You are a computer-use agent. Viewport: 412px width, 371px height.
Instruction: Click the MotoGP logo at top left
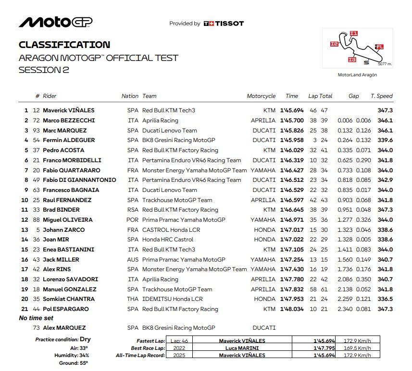tap(55, 23)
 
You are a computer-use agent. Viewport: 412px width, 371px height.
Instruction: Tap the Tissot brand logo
tap(224, 23)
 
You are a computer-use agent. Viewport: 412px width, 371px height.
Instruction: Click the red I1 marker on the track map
tap(354, 34)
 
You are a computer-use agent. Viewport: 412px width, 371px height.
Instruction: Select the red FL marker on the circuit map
tap(379, 47)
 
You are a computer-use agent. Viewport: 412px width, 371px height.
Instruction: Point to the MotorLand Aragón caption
tap(357, 75)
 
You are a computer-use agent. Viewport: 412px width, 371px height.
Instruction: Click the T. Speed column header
tap(382, 96)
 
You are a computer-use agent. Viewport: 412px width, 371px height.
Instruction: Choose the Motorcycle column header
tap(261, 96)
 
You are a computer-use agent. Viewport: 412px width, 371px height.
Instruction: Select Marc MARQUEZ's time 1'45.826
tap(292, 131)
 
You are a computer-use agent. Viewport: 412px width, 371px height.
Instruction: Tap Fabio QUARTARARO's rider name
tap(71, 170)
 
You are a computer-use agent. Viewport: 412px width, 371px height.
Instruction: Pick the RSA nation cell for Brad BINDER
tap(133, 210)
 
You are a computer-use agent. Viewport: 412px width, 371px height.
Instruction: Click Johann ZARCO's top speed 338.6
tap(385, 230)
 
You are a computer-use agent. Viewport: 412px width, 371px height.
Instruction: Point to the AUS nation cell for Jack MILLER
tap(133, 260)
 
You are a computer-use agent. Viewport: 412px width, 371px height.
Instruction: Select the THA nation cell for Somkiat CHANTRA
tap(133, 299)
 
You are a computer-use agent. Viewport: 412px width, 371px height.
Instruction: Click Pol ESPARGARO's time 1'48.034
tap(292, 309)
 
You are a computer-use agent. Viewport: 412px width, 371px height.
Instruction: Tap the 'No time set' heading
tap(36, 318)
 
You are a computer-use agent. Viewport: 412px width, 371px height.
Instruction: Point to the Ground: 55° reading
tap(76, 363)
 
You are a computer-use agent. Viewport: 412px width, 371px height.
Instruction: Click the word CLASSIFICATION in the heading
tap(64, 45)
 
